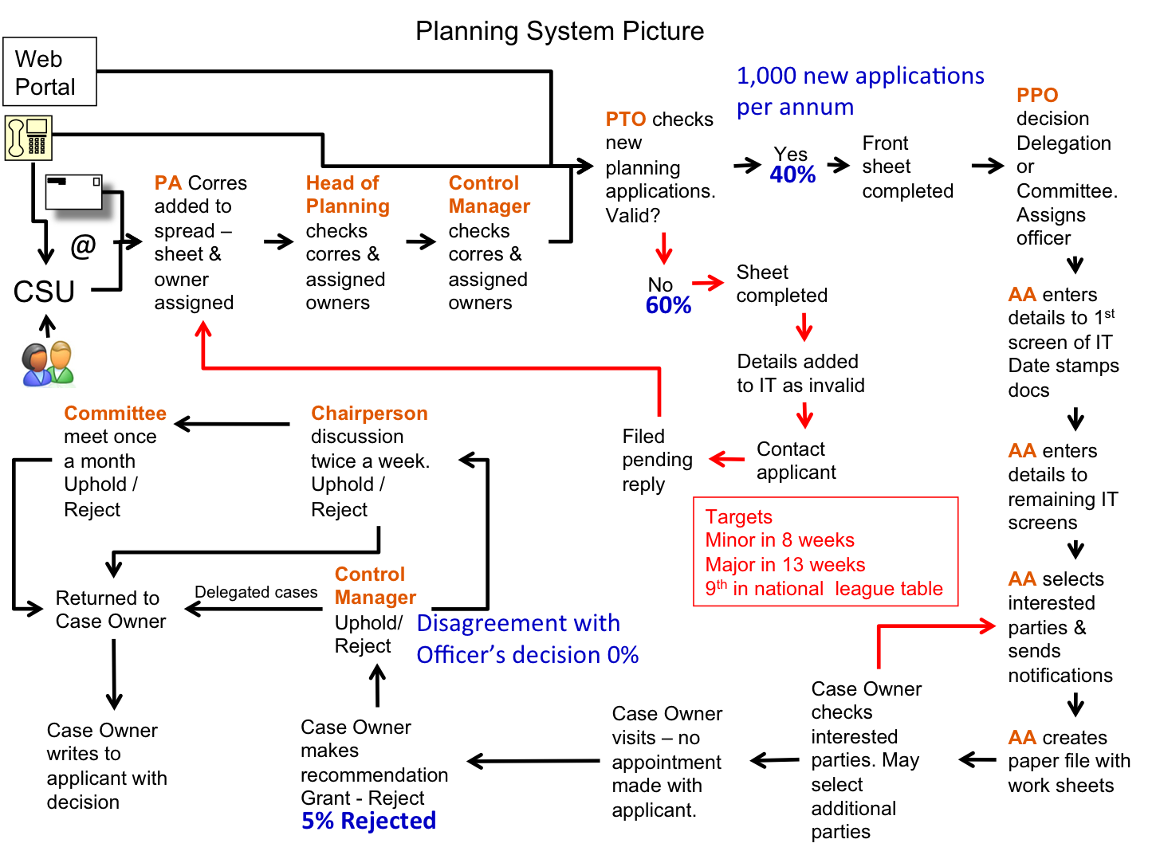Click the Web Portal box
tap(49, 72)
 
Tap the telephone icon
tap(29, 137)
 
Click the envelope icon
tap(75, 191)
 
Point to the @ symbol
tap(83, 245)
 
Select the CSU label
tap(44, 292)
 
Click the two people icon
tap(48, 364)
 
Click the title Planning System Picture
tap(560, 31)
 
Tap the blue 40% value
tap(792, 175)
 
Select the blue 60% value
tap(668, 305)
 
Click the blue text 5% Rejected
tap(368, 821)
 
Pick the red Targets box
tap(825, 552)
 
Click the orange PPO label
tap(1036, 96)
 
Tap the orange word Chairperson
tap(369, 413)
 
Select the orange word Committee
tap(115, 413)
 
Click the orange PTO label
tap(625, 120)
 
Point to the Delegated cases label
tap(256, 592)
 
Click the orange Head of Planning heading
tap(348, 194)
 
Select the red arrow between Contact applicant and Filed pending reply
tap(726, 459)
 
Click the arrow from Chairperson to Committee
tap(231, 424)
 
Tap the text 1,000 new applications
tap(860, 76)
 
